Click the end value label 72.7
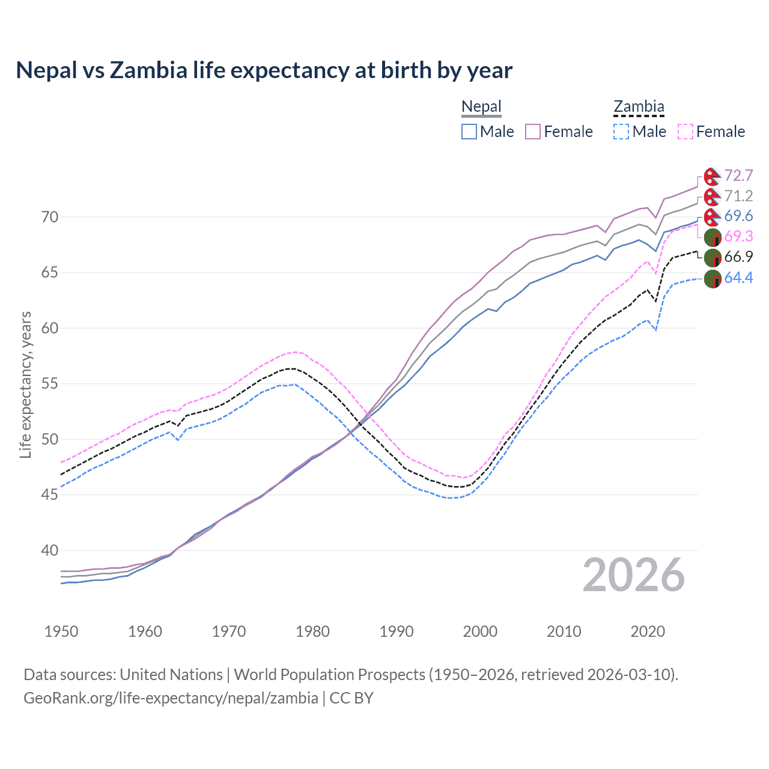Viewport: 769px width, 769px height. click(x=738, y=175)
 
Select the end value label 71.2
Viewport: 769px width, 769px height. click(x=738, y=196)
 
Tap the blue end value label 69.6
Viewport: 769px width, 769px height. click(x=738, y=216)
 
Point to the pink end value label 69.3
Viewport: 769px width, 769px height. click(x=738, y=236)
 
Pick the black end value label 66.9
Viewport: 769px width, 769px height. click(x=738, y=257)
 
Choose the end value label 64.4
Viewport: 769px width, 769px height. click(x=738, y=278)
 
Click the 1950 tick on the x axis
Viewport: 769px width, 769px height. click(x=61, y=631)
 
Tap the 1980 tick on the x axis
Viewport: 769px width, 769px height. click(x=312, y=631)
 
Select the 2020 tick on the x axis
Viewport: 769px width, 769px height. click(x=648, y=631)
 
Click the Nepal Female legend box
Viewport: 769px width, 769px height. click(x=533, y=132)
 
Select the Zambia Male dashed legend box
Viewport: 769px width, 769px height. click(x=621, y=132)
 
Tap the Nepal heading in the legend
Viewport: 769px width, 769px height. click(x=481, y=107)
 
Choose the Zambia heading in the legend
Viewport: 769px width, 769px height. click(x=639, y=107)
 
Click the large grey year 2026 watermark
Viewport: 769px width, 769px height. click(x=634, y=575)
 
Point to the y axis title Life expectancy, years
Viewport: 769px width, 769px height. click(x=25, y=384)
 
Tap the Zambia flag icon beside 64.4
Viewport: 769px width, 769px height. click(x=713, y=279)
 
